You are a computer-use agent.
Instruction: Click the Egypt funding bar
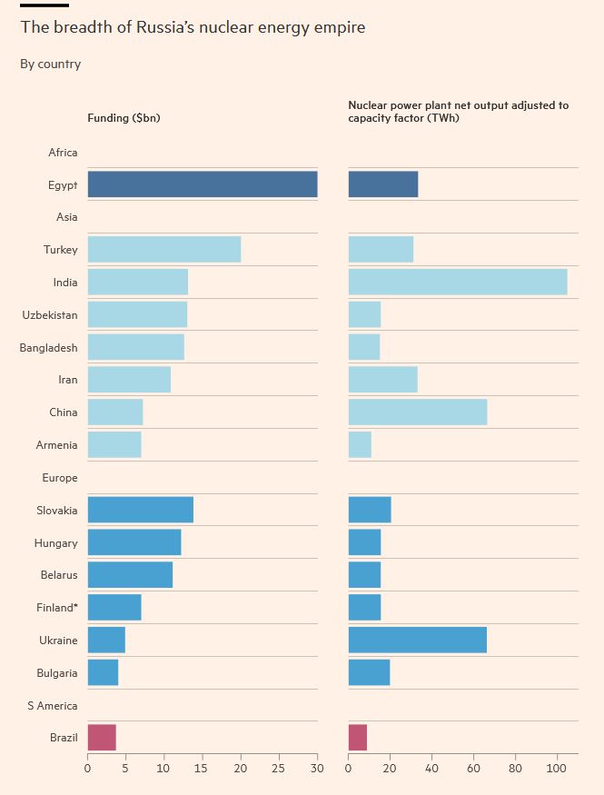click(203, 184)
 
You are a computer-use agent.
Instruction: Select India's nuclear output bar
click(458, 282)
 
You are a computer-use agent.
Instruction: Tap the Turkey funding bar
click(164, 250)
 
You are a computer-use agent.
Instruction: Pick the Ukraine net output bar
click(418, 640)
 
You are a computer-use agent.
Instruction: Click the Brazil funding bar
click(102, 738)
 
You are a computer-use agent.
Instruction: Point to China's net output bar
click(418, 412)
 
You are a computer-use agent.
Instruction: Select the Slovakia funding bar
click(141, 510)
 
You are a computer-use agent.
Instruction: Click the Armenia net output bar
click(360, 445)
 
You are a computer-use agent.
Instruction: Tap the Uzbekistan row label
click(50, 315)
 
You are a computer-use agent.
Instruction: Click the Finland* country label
click(56, 608)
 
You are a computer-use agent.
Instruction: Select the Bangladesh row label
click(49, 348)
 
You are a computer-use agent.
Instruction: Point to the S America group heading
click(53, 706)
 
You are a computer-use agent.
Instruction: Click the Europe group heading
click(60, 478)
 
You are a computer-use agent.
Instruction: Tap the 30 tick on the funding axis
click(318, 769)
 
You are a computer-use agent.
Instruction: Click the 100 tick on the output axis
click(558, 769)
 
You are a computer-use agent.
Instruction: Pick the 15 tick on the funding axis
click(203, 769)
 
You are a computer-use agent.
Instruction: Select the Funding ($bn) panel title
click(124, 118)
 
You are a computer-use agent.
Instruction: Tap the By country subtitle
click(51, 65)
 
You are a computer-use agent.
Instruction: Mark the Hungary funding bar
click(134, 542)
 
